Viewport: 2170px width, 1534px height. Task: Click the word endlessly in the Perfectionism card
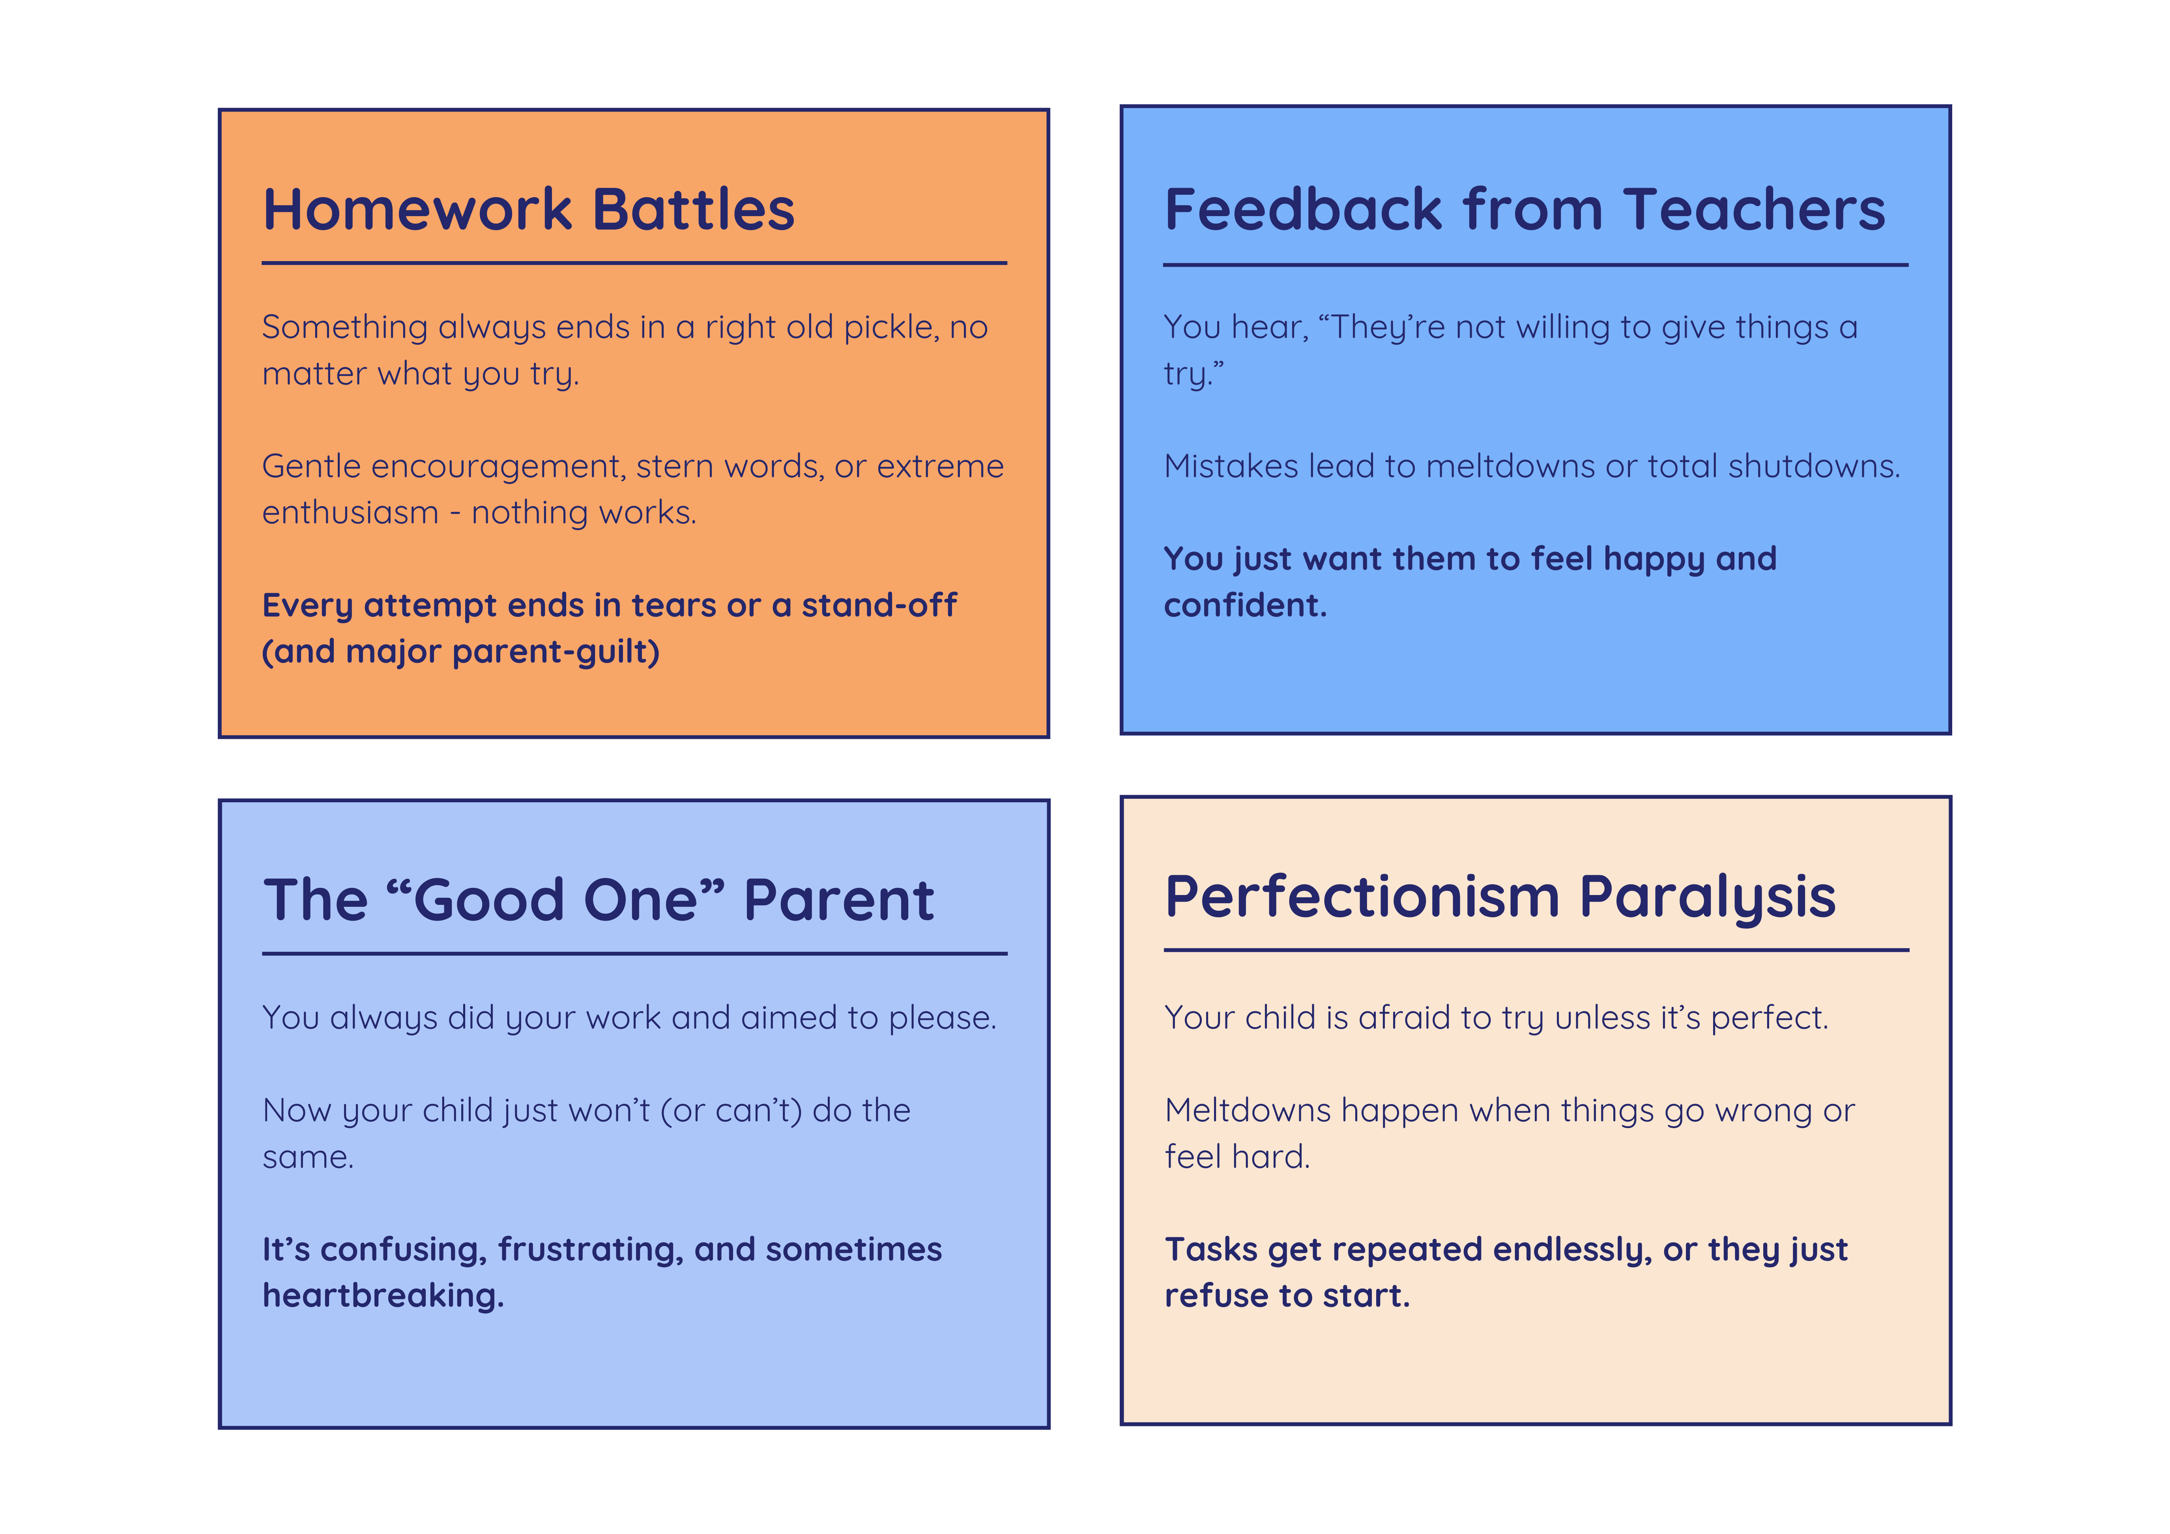[1573, 1250]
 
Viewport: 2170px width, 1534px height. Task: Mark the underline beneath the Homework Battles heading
[634, 263]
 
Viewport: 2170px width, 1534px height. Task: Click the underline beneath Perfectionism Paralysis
[1537, 950]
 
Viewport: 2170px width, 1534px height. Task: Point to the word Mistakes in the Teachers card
[1231, 467]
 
